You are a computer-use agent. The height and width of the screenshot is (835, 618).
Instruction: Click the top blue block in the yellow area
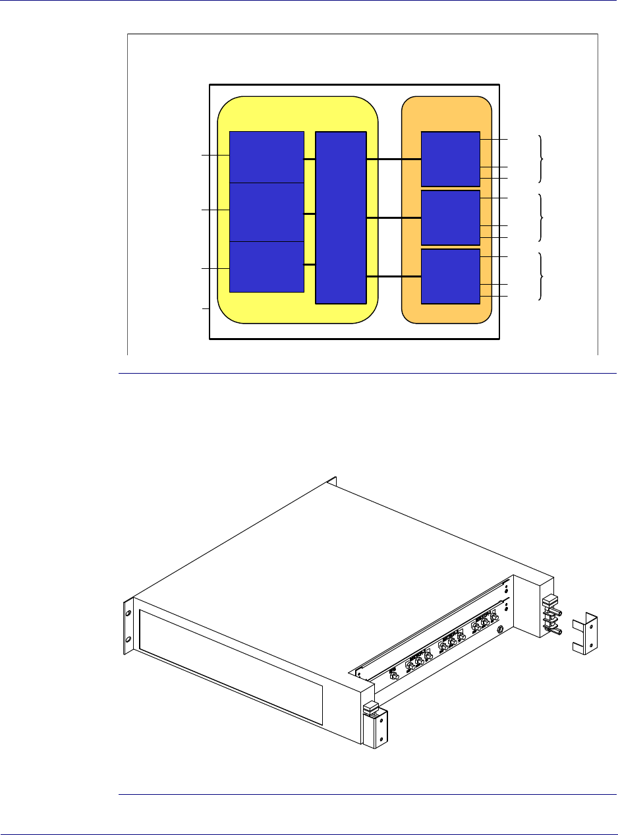click(266, 157)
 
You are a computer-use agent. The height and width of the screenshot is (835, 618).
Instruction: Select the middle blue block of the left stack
click(266, 212)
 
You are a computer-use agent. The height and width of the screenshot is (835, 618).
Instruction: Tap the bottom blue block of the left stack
click(266, 266)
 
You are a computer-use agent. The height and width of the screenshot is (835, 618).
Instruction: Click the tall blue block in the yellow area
click(341, 217)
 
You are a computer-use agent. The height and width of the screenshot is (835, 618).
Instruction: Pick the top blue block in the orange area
click(450, 159)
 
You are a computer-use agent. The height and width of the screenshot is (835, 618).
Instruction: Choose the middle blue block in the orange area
click(450, 217)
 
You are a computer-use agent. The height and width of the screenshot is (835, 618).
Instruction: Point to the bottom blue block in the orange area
click(450, 276)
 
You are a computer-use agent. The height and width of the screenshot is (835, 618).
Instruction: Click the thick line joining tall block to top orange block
click(393, 159)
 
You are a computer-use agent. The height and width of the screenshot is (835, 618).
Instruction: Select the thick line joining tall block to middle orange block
click(393, 217)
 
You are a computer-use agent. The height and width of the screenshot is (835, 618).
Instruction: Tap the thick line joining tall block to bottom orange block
click(393, 277)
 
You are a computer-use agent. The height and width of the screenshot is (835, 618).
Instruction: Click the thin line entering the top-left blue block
click(215, 156)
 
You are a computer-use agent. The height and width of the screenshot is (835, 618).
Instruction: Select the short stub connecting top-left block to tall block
click(310, 159)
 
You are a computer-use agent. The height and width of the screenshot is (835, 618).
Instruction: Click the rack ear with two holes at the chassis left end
click(128, 626)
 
